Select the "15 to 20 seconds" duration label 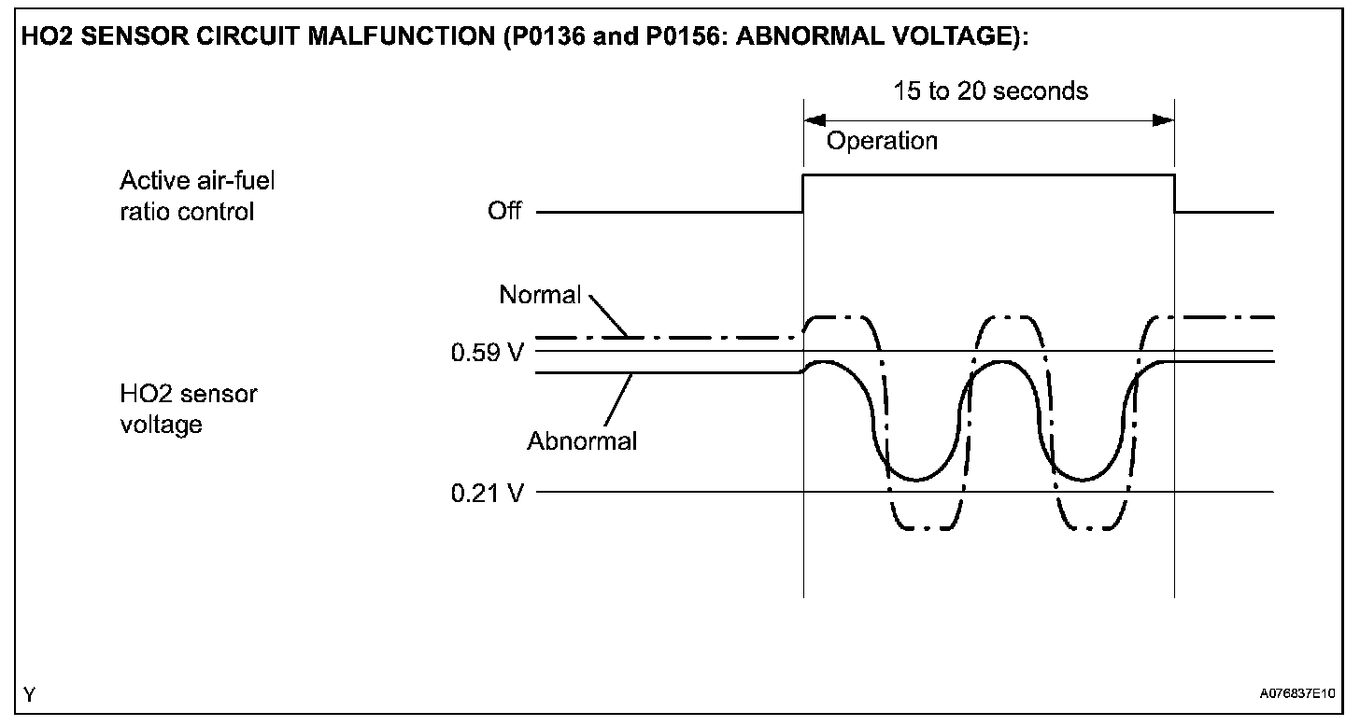[x=990, y=91]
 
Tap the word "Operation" [x=882, y=141]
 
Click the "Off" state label [x=504, y=211]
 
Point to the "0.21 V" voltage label [x=487, y=492]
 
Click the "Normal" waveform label [x=540, y=295]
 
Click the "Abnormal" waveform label [x=582, y=440]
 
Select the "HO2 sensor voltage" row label [x=189, y=409]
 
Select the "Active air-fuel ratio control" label [x=198, y=196]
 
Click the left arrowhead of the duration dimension [x=815, y=120]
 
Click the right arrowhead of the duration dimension [x=1163, y=120]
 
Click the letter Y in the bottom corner [x=31, y=694]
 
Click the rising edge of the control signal [x=803, y=193]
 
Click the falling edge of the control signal [x=1174, y=193]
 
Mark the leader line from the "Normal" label [x=609, y=318]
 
